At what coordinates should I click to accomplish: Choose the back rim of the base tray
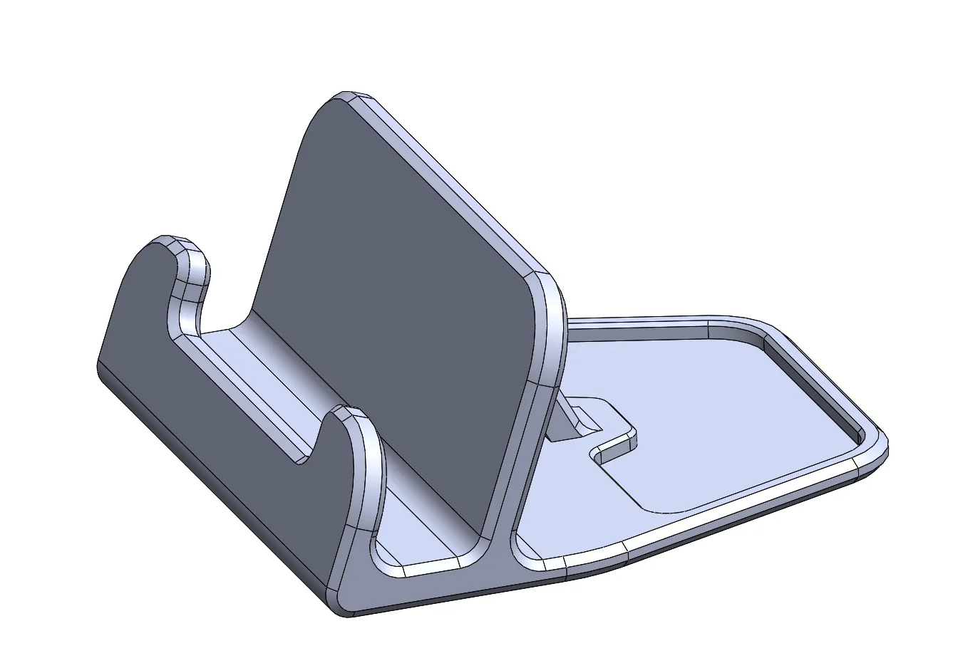pos(642,324)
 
